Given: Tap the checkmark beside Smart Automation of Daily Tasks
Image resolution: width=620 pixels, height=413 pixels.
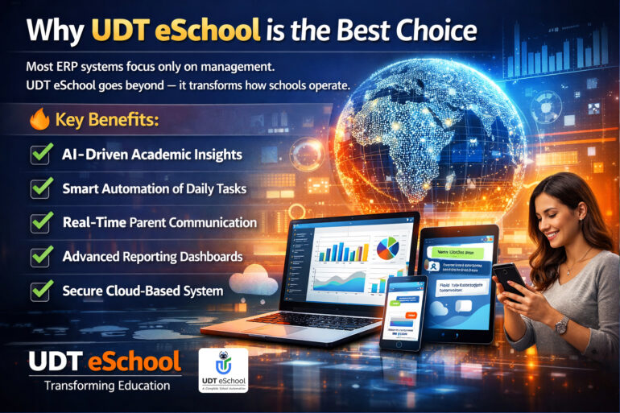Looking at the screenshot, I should (x=41, y=188).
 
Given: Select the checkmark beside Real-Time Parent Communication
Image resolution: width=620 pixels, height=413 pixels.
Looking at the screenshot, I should (x=41, y=222).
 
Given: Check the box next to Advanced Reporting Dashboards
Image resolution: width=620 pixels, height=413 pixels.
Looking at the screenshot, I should (x=41, y=256).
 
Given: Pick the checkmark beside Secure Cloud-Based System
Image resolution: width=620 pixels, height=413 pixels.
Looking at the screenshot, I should (x=41, y=290).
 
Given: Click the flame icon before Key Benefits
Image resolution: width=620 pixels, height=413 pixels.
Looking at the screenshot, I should (x=40, y=121).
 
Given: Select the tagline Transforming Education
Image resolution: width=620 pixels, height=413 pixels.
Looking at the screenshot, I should (x=106, y=386).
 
